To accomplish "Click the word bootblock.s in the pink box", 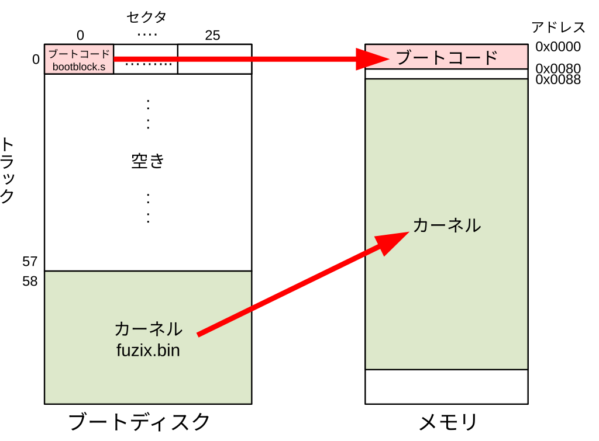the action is point(79,67).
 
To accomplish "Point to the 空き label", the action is point(148,161).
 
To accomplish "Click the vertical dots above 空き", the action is point(148,114).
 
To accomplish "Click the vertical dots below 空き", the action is point(148,207).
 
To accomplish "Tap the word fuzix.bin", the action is point(148,351).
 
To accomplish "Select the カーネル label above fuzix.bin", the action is point(148,329).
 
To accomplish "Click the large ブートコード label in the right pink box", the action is point(447,58).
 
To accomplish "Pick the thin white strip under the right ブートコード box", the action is point(447,74).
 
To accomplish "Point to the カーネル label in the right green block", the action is point(447,225).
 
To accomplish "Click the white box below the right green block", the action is point(447,386).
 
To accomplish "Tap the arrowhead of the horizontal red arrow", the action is point(372,58).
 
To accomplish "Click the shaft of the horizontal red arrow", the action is point(234,58).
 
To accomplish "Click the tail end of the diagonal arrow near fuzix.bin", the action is point(200,334).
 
